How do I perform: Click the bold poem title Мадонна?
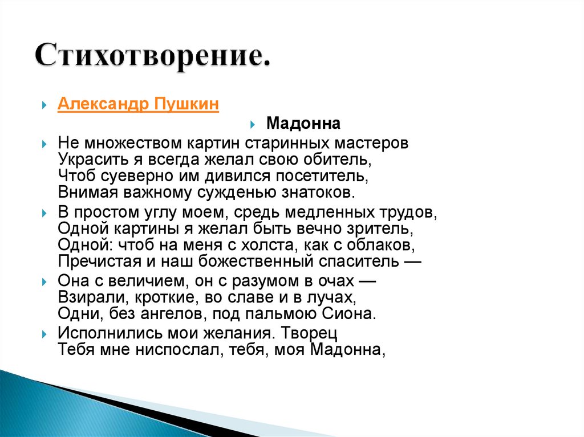pyautogui.click(x=303, y=124)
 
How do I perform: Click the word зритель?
pyautogui.click(x=378, y=228)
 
